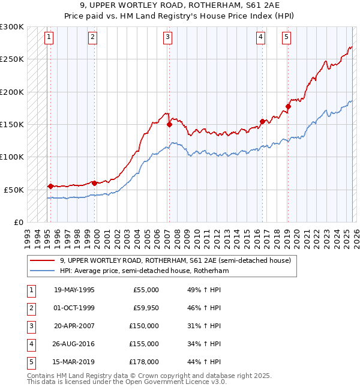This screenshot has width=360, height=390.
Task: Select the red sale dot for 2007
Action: [170, 125]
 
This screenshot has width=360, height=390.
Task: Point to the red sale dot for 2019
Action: [288, 107]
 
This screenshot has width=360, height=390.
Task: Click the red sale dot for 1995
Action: [50, 186]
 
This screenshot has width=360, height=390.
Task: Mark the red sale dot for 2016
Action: [262, 121]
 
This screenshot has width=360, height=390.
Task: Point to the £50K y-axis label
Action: [14, 190]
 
